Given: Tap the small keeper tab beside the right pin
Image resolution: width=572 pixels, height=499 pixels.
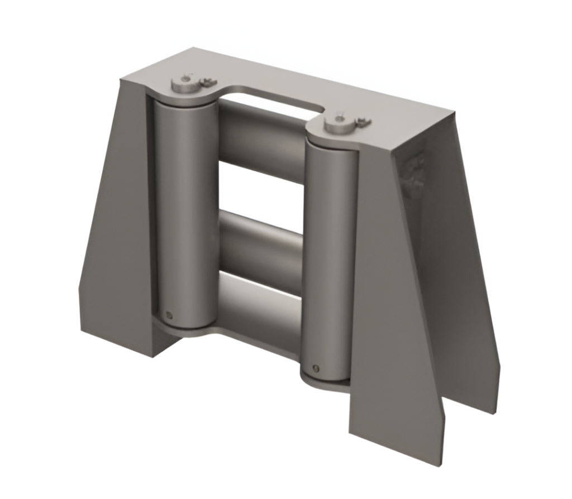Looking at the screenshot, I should (x=363, y=122).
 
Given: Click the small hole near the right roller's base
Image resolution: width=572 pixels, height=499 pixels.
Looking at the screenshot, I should (x=317, y=369).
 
